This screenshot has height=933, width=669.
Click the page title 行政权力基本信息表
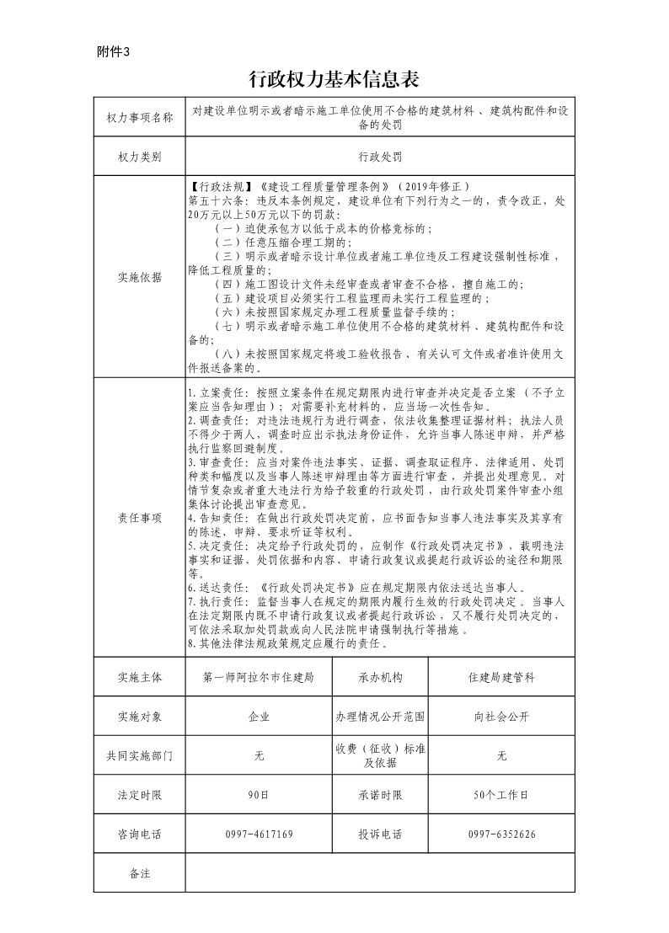[334, 79]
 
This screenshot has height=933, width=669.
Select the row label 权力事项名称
[139, 117]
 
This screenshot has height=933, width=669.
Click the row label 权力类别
[139, 157]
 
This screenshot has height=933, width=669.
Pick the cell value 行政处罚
[379, 157]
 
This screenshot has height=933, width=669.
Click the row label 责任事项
[139, 518]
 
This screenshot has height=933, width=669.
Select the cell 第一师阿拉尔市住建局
[259, 676]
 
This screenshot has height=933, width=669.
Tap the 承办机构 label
[380, 676]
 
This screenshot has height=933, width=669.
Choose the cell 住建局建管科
[501, 676]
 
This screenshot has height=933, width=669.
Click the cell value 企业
[259, 717]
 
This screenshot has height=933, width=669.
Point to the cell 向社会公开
[501, 717]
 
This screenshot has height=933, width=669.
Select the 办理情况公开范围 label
[380, 717]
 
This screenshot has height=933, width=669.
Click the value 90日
[259, 794]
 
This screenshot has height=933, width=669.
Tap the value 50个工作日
[501, 794]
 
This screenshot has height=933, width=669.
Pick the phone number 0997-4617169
[259, 834]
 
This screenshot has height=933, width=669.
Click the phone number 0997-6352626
[501, 834]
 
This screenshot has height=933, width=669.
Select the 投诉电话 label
[380, 834]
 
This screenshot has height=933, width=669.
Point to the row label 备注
[139, 873]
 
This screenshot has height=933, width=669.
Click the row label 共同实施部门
[139, 756]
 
